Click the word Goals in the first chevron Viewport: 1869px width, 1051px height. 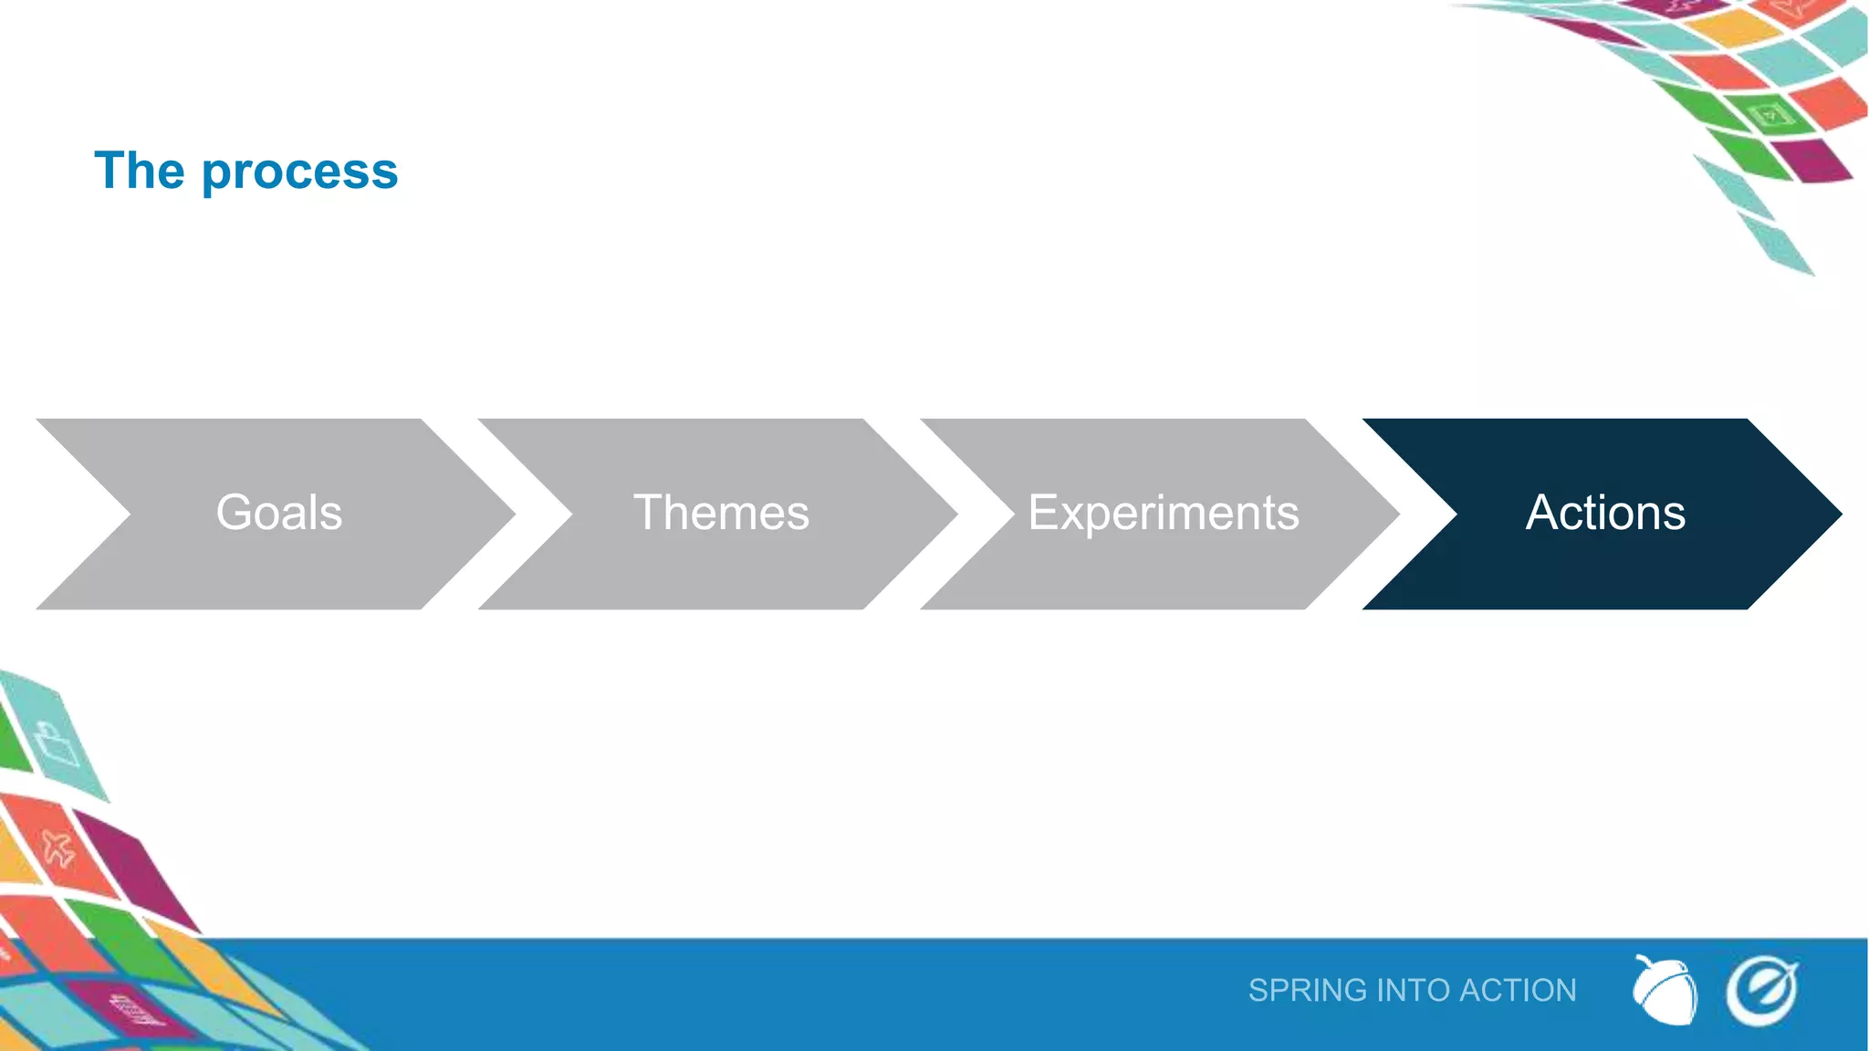coord(278,513)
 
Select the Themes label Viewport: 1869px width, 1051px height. coord(721,513)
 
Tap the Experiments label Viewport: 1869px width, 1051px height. coord(1164,513)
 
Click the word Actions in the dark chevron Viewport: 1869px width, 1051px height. coord(1605,513)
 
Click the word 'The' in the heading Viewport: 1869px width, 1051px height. coord(140,171)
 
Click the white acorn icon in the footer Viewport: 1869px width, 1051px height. coord(1665,991)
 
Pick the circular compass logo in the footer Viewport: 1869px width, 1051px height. coord(1761,991)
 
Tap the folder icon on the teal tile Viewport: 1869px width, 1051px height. coord(57,744)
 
